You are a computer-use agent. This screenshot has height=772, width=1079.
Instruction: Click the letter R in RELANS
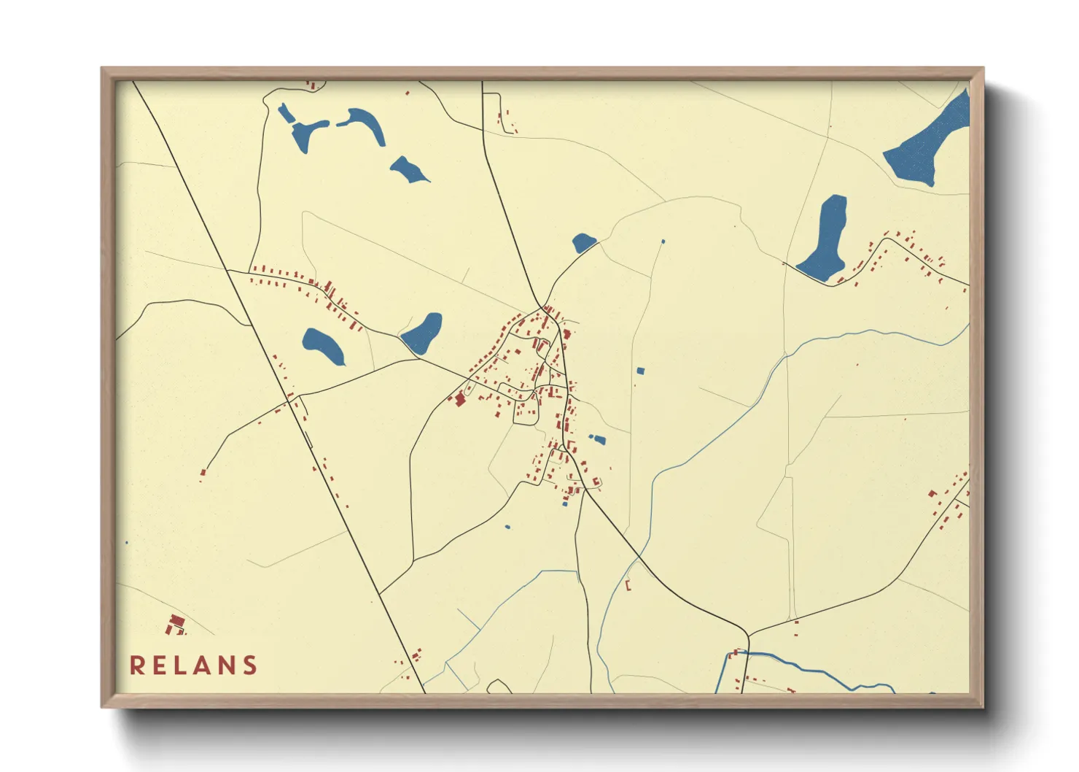point(136,665)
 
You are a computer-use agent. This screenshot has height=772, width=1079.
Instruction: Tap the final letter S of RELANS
point(251,665)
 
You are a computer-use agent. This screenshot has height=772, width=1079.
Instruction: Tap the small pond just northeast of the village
point(583,242)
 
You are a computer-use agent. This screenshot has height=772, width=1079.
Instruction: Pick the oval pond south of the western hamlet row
point(323,346)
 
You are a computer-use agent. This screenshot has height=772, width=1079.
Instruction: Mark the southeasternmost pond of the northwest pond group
point(408,169)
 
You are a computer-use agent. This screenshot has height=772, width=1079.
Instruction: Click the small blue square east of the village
point(640,371)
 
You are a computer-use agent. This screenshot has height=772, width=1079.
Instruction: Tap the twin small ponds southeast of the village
point(597,439)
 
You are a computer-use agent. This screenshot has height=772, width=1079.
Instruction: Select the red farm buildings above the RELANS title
point(175,625)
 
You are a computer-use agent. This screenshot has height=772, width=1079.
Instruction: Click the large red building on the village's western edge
point(459,399)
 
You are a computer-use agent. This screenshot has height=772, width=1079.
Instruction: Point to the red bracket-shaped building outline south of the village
point(628,585)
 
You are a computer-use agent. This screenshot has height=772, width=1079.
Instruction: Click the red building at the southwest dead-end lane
point(203,473)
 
